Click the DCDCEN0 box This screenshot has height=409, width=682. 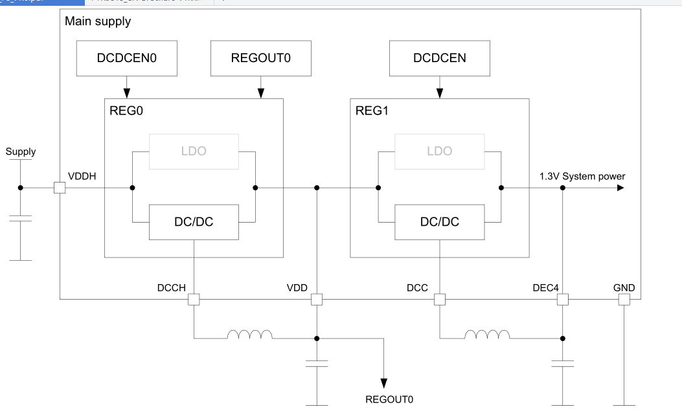click(x=127, y=58)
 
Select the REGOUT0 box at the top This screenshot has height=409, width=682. click(x=260, y=58)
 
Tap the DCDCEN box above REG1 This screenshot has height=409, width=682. click(x=439, y=58)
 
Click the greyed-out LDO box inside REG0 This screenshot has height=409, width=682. click(x=194, y=151)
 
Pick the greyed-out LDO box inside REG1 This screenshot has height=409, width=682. click(x=439, y=151)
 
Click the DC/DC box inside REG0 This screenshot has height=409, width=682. click(x=194, y=222)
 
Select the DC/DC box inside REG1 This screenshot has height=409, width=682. click(x=439, y=222)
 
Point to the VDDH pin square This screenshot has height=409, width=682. click(x=60, y=188)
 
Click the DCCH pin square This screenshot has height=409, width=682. click(x=194, y=300)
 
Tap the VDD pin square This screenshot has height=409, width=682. click(x=317, y=300)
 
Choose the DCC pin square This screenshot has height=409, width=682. click(x=439, y=300)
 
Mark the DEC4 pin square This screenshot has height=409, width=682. click(x=562, y=300)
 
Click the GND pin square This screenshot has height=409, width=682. click(x=624, y=300)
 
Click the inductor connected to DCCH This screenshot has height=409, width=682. click(x=249, y=335)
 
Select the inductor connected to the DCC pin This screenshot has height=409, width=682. click(x=487, y=335)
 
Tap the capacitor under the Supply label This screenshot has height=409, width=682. click(x=21, y=219)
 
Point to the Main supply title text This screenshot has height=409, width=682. click(x=98, y=22)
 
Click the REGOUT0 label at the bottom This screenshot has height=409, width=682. click(x=389, y=399)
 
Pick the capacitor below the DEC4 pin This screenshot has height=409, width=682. click(x=562, y=363)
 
